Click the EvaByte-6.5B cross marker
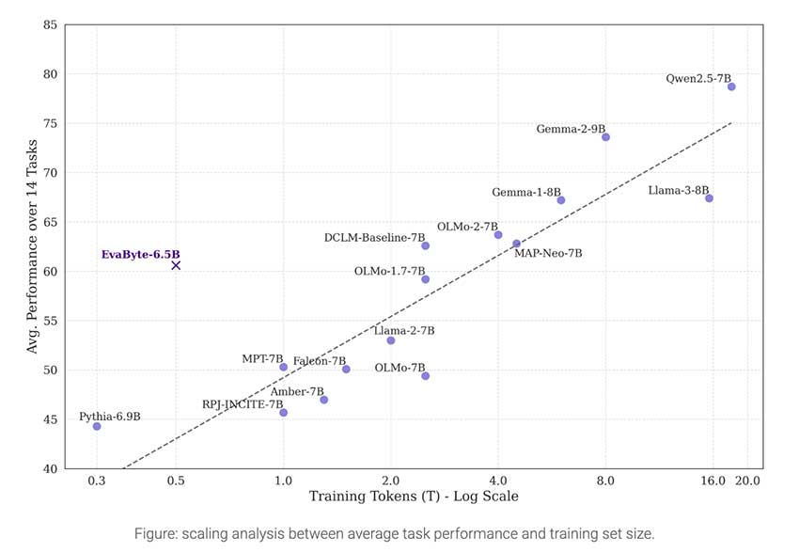176,265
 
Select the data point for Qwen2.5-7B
731,87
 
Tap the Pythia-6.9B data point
97,426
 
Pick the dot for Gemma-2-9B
606,137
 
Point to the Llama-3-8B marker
709,198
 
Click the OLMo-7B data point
425,376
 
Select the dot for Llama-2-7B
391,340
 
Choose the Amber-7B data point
324,400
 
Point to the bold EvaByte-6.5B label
140,255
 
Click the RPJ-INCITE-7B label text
243,404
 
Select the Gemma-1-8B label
526,193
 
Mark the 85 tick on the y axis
50,24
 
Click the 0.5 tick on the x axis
176,481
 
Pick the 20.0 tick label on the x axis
747,481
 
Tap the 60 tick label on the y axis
50,271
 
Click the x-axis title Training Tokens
414,497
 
